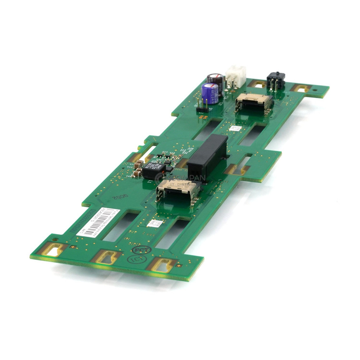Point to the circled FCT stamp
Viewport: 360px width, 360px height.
(139, 249)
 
